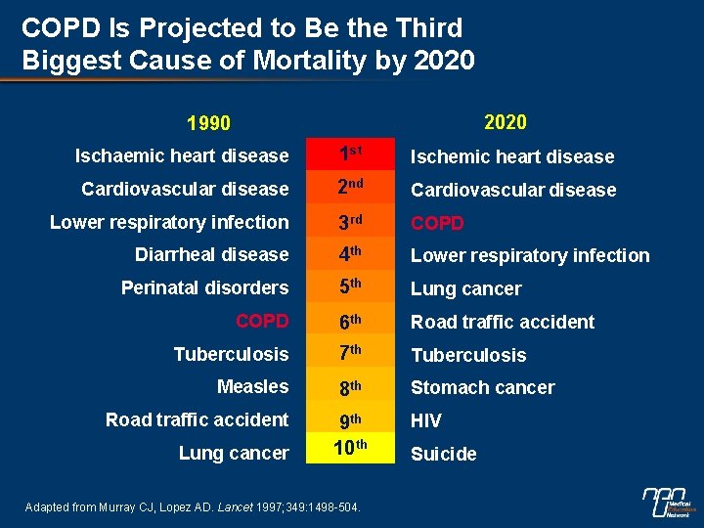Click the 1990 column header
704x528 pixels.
click(209, 123)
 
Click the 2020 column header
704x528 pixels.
click(505, 122)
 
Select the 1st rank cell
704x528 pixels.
click(351, 154)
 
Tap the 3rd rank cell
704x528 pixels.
click(351, 221)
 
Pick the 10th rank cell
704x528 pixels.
click(351, 450)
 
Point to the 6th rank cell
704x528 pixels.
click(351, 321)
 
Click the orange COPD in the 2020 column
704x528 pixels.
click(437, 223)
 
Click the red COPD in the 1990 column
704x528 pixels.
click(262, 321)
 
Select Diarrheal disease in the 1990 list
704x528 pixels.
click(212, 254)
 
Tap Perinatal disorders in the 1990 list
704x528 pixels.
click(204, 287)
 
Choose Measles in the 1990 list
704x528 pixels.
click(252, 386)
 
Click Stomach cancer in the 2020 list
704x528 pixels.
click(482, 388)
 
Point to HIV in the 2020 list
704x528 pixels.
click(426, 421)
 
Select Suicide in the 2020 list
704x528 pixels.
click(444, 454)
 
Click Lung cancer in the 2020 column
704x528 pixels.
click(465, 289)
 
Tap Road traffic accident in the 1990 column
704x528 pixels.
click(197, 419)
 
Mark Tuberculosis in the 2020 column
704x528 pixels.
click(468, 355)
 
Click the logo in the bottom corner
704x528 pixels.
click(670, 502)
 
